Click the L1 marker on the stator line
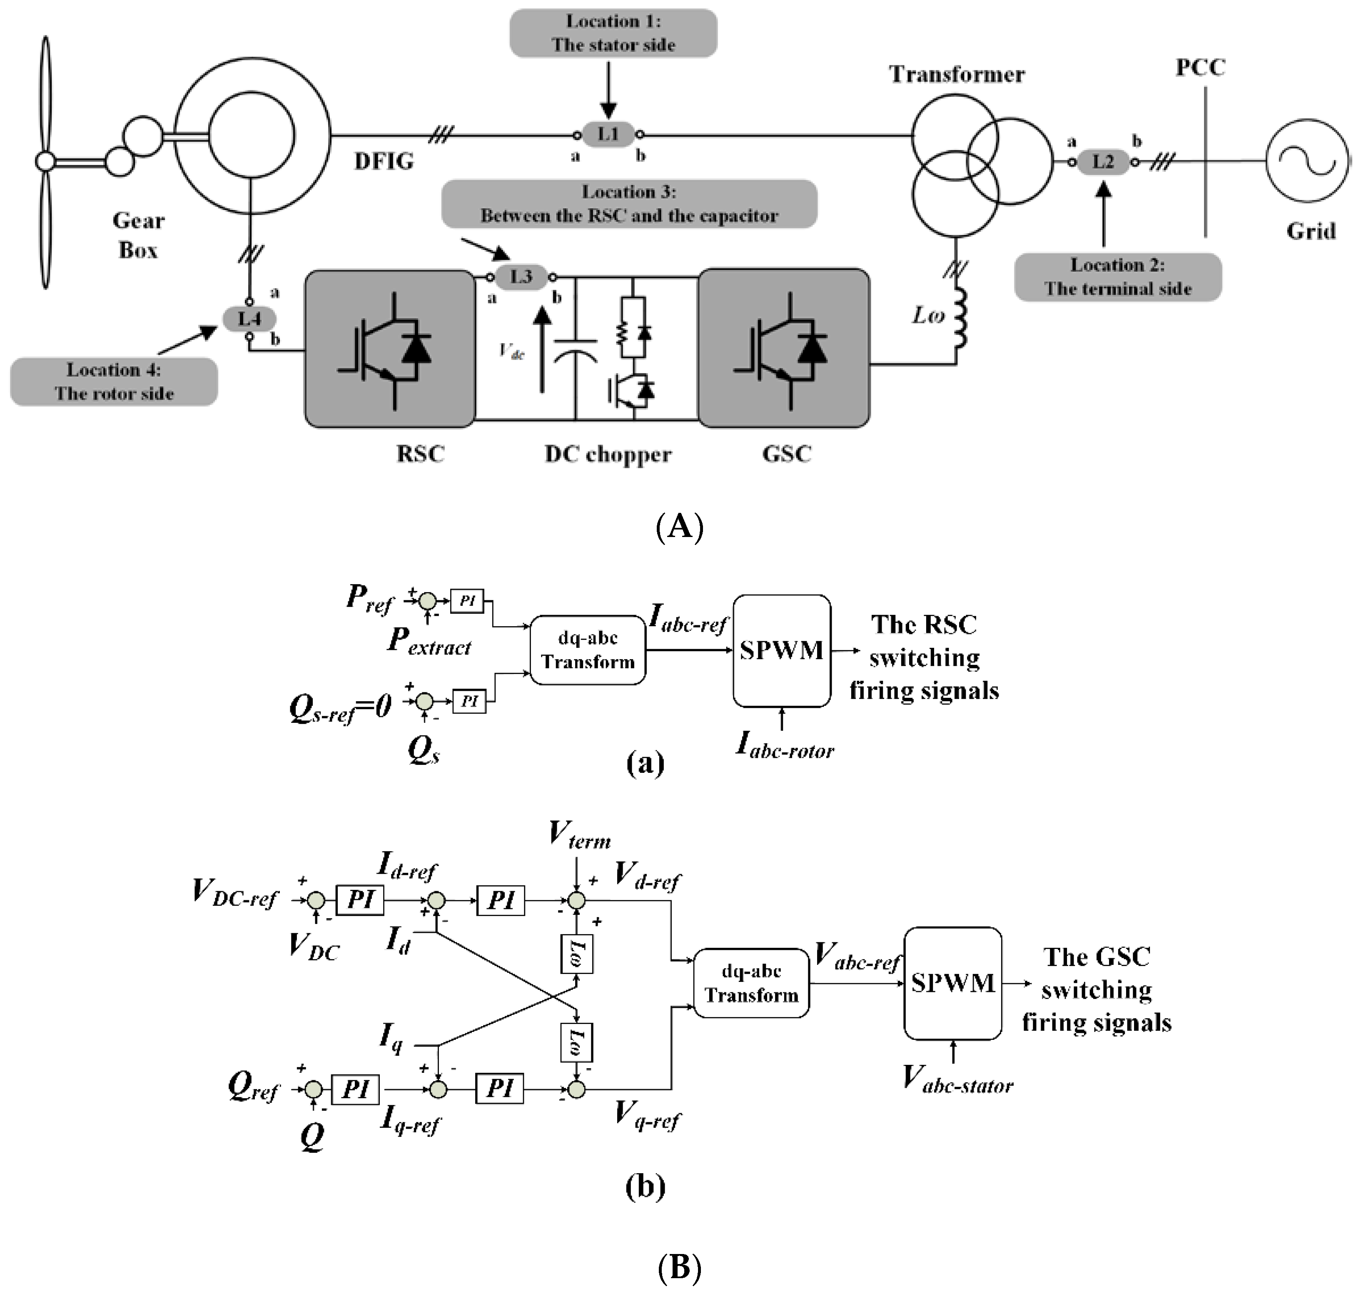(608, 134)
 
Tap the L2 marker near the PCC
(1102, 162)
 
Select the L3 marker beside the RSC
(521, 277)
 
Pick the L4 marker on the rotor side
(249, 319)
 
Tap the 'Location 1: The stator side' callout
(613, 33)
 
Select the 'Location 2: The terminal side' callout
(1118, 277)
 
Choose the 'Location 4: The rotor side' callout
(114, 381)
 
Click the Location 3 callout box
(629, 204)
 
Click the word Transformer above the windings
(957, 74)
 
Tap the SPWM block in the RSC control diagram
(782, 651)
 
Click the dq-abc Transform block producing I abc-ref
(588, 650)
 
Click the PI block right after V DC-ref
(360, 899)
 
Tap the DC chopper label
(608, 454)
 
